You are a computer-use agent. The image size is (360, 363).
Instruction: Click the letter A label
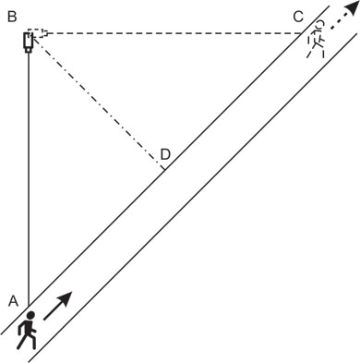pos(13,301)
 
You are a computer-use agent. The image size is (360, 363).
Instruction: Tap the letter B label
pos(12,17)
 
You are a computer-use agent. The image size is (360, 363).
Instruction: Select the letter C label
pos(298,17)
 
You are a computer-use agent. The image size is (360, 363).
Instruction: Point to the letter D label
pos(165,155)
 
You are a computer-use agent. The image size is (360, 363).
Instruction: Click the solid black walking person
pos(27,331)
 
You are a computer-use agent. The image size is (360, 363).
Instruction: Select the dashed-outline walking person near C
pos(316,39)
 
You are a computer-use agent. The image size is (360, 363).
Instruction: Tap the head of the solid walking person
pos(30,315)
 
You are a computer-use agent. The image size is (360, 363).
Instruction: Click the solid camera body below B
pos(28,41)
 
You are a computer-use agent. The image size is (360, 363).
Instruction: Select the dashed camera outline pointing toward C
pos(38,33)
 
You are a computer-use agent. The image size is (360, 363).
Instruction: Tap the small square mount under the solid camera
pos(29,50)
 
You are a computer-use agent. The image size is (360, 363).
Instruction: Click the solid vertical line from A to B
pos(29,179)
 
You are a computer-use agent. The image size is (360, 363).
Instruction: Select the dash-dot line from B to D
pos(97,101)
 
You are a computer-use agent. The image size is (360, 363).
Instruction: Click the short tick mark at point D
pos(164,168)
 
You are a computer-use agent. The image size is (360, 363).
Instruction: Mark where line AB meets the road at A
pos(29,307)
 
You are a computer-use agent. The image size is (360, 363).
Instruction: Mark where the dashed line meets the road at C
pos(302,33)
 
